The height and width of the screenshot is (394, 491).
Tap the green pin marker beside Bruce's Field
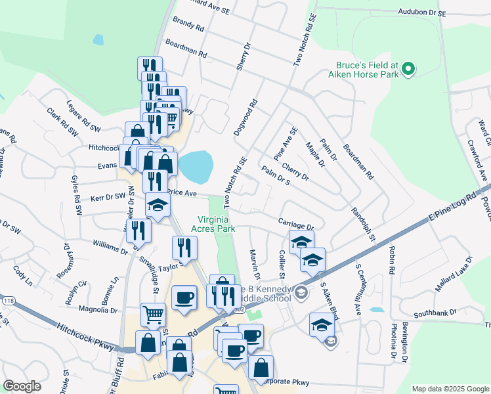[x=408, y=68]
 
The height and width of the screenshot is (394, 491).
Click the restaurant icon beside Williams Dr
[x=139, y=230]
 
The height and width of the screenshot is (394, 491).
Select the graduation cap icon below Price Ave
[x=157, y=206]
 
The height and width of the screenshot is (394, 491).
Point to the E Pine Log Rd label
[x=450, y=208]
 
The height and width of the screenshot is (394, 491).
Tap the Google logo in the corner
[x=22, y=386]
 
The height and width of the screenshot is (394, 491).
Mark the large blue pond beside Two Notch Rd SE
[x=196, y=167]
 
